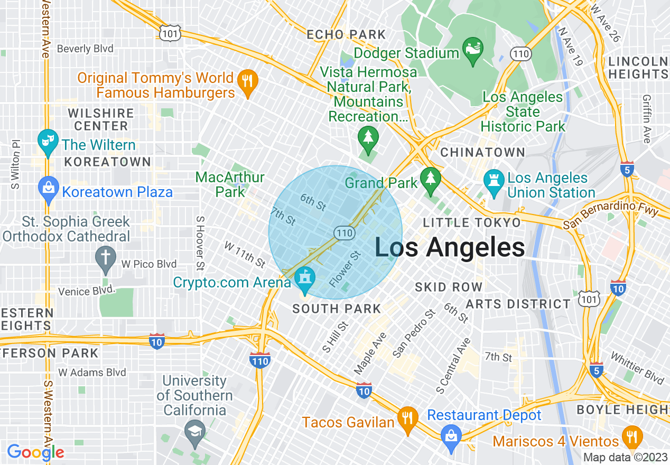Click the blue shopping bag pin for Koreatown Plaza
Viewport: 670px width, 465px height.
(x=48, y=189)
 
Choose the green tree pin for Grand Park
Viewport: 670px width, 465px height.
(x=431, y=181)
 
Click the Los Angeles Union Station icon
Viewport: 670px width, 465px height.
(x=494, y=182)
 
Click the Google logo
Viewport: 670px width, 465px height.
(x=35, y=452)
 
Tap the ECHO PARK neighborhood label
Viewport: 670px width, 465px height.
(x=347, y=35)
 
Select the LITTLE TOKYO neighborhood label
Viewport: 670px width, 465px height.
(x=472, y=222)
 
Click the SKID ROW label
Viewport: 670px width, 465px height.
(x=449, y=287)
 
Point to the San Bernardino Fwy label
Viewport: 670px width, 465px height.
(x=611, y=215)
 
